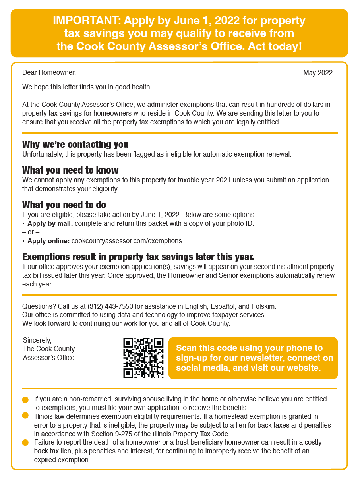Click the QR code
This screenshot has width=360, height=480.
[x=143, y=358]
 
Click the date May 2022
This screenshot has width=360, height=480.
[x=318, y=73]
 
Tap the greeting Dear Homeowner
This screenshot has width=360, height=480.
[x=49, y=72]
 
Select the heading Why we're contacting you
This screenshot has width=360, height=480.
[x=75, y=144]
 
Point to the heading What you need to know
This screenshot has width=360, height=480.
[x=70, y=170]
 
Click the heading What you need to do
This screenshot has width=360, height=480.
[x=64, y=205]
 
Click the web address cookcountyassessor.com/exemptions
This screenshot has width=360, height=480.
[x=127, y=241]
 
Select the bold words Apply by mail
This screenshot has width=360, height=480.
[x=50, y=223]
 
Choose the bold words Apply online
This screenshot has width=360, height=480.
[x=48, y=241]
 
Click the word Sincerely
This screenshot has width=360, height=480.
[x=37, y=340]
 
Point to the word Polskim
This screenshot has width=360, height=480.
[x=263, y=306]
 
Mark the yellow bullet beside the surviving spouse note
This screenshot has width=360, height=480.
[x=25, y=399]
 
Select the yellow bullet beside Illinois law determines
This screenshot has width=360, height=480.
[x=25, y=416]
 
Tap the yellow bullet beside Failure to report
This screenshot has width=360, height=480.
[x=25, y=442]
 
